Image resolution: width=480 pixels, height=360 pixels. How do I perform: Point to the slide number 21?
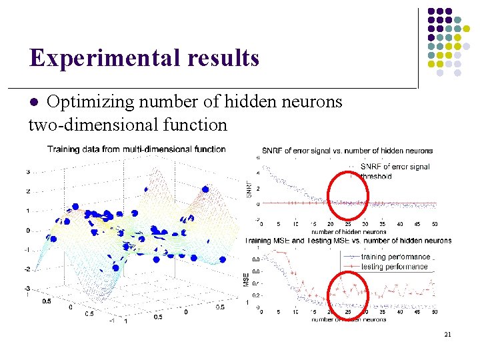[447, 334]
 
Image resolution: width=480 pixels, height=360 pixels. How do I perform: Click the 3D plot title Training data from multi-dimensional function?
[137, 149]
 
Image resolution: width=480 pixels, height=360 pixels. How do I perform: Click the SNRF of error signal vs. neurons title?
[347, 151]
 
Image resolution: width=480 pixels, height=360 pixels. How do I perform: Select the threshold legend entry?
[377, 177]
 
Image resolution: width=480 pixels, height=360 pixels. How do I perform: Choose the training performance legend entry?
[395, 257]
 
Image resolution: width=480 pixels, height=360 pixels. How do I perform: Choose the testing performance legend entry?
[394, 267]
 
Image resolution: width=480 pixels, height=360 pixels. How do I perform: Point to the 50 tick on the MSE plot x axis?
[435, 312]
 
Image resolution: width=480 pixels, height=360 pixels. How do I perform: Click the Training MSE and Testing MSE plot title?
[347, 241]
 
